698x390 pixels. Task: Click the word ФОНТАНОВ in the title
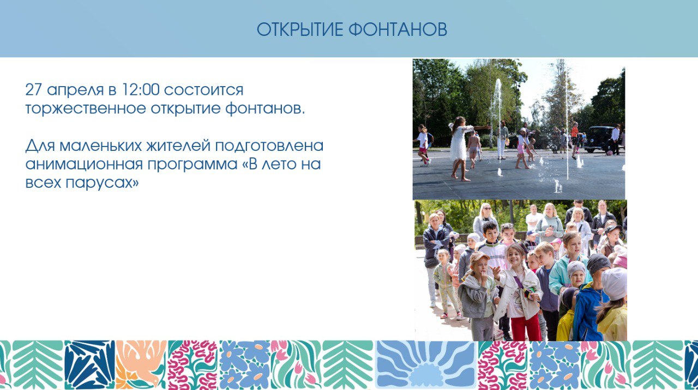point(398,29)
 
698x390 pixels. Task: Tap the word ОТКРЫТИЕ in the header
point(300,29)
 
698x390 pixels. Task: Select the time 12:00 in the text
point(141,90)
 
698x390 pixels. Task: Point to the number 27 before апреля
point(34,90)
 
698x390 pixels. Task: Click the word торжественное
point(86,108)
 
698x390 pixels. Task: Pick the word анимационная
point(84,164)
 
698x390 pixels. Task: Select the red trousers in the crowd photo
point(526,327)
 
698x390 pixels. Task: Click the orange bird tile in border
point(141,365)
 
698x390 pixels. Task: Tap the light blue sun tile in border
point(426,365)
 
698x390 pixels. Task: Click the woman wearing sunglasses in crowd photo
point(485,220)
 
